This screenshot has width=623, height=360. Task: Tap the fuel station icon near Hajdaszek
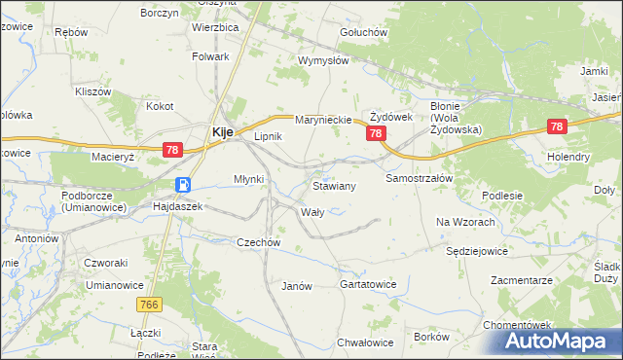click(x=182, y=185)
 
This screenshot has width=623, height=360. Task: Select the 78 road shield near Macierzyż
click(x=172, y=150)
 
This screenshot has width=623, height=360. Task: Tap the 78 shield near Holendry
click(x=557, y=126)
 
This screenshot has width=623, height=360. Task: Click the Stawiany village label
click(x=334, y=185)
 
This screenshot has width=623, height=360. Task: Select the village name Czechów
click(x=259, y=242)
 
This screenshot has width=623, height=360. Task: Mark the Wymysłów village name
click(x=323, y=60)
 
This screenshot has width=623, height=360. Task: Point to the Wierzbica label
click(x=215, y=28)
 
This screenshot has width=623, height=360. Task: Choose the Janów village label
click(x=296, y=286)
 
